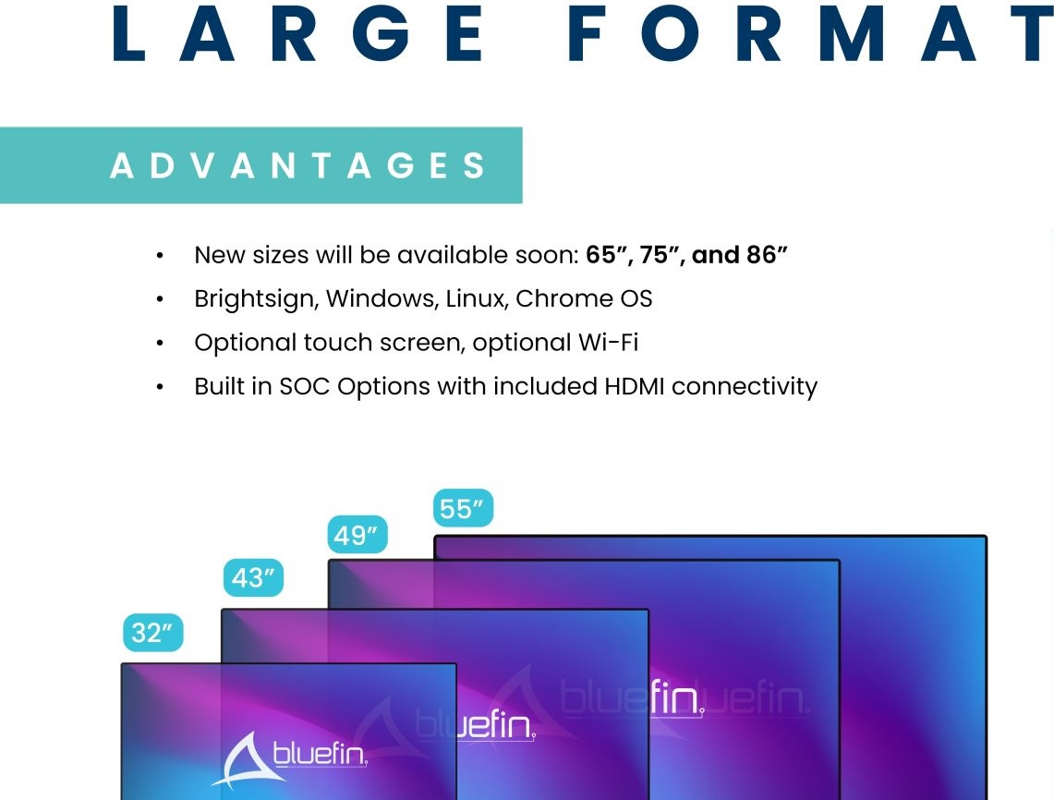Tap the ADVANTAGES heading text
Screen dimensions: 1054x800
(x=297, y=165)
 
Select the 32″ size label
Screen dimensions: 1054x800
(x=152, y=633)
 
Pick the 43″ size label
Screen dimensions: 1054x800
(x=253, y=577)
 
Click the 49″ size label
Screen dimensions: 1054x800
(x=357, y=535)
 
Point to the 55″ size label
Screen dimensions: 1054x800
(x=463, y=508)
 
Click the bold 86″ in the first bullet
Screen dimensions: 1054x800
(x=767, y=255)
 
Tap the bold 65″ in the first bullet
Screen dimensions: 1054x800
(x=609, y=256)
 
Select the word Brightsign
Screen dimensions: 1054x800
(x=256, y=299)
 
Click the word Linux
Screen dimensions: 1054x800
(x=477, y=298)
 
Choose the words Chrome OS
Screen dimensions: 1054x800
(x=584, y=298)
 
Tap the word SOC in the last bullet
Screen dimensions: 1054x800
(x=305, y=386)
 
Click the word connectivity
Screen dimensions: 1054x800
(x=745, y=387)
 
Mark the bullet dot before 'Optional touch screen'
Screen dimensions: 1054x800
(x=159, y=344)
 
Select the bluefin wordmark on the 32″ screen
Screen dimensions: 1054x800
(x=320, y=755)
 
